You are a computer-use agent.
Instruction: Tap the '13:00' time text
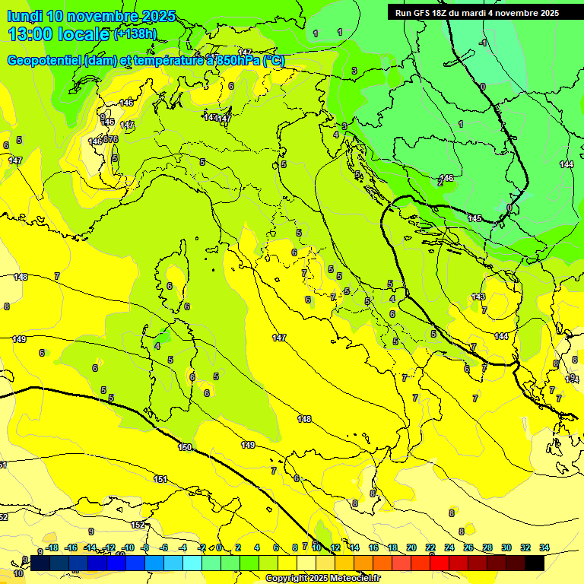30,34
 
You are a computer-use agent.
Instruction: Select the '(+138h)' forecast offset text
135,34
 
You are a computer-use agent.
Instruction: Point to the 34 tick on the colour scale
544,547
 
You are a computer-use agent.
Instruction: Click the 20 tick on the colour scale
411,547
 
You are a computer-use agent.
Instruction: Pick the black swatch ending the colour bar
534,563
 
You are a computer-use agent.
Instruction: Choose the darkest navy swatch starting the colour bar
40,563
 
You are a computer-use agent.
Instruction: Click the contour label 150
185,448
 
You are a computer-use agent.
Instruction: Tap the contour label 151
160,479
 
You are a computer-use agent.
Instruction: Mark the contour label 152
138,525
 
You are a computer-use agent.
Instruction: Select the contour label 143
478,297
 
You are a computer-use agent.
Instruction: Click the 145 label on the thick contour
474,218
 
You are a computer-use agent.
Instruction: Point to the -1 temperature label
482,43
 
